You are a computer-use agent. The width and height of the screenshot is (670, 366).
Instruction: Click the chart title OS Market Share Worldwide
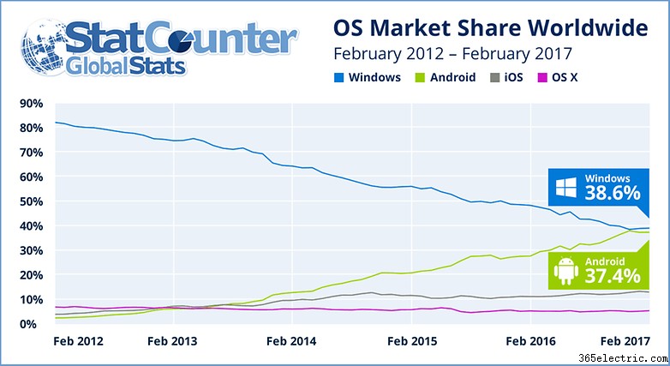(x=491, y=28)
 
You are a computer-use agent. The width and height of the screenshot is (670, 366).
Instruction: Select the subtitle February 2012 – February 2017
(x=452, y=54)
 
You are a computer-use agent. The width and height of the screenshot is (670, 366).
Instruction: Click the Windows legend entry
(x=368, y=77)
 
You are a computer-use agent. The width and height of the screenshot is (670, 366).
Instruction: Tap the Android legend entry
(x=446, y=77)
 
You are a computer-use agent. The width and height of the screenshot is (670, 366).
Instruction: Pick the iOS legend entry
(x=506, y=77)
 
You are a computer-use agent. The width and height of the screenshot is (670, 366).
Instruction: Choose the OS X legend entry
(x=558, y=77)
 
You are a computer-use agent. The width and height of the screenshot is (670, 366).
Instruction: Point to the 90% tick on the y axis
(x=31, y=104)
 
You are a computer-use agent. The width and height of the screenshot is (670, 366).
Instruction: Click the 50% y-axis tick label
(x=31, y=201)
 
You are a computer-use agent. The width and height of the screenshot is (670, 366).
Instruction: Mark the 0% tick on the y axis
(x=27, y=324)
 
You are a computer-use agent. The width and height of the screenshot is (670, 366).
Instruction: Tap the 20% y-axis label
(x=31, y=275)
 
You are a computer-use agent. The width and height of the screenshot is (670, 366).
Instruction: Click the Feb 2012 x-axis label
(x=79, y=341)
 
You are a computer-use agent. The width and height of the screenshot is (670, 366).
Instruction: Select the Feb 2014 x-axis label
(x=291, y=341)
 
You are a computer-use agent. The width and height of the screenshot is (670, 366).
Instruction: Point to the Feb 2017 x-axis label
(x=625, y=341)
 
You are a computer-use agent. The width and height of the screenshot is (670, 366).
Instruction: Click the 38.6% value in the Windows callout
(x=613, y=193)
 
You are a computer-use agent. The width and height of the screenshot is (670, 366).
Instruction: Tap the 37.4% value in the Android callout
(x=613, y=276)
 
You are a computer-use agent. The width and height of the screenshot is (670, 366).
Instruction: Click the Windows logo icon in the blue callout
(x=566, y=188)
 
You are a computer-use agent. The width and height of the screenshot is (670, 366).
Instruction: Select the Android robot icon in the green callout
(x=566, y=271)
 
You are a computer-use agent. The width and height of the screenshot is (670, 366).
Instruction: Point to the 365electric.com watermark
(x=623, y=358)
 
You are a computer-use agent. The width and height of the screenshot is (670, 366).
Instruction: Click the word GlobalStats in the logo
(x=126, y=67)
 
